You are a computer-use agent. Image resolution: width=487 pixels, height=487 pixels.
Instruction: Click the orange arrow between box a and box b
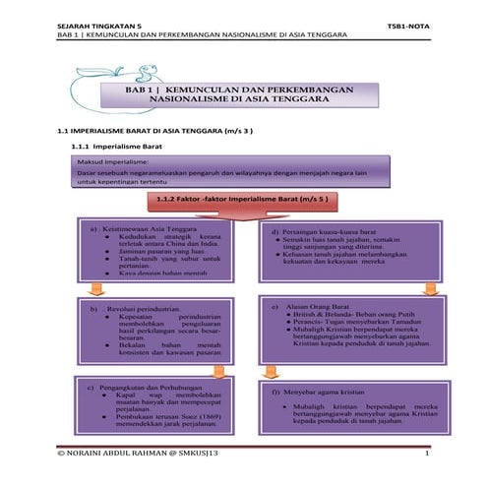click(94, 288)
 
